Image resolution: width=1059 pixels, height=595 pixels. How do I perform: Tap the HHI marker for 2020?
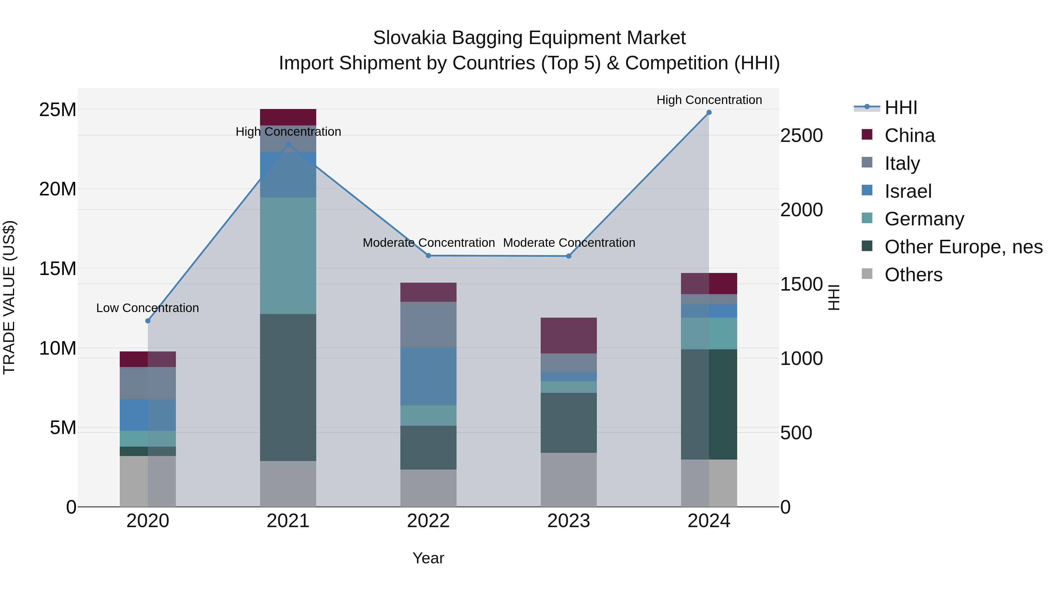coord(148,321)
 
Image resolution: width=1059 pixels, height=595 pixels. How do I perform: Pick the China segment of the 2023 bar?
coord(569,336)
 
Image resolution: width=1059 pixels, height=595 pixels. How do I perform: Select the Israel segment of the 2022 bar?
coord(428,376)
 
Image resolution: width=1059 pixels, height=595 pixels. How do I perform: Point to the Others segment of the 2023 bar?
coord(569,480)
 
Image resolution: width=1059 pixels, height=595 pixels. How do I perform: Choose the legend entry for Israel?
coord(908,191)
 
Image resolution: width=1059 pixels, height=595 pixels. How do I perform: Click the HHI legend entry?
coord(900,108)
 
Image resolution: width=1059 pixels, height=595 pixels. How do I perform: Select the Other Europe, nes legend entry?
coord(963,247)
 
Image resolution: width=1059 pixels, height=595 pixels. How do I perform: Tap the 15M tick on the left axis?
coord(58,269)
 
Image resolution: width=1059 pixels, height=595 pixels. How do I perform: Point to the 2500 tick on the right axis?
coord(801,136)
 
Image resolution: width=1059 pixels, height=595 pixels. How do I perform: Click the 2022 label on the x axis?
coord(428,521)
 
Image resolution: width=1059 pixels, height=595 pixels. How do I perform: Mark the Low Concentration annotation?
coord(148,308)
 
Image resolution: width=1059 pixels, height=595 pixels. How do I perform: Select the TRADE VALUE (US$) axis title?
coord(9,297)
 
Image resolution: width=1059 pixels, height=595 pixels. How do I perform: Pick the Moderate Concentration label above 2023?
coord(569,243)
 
